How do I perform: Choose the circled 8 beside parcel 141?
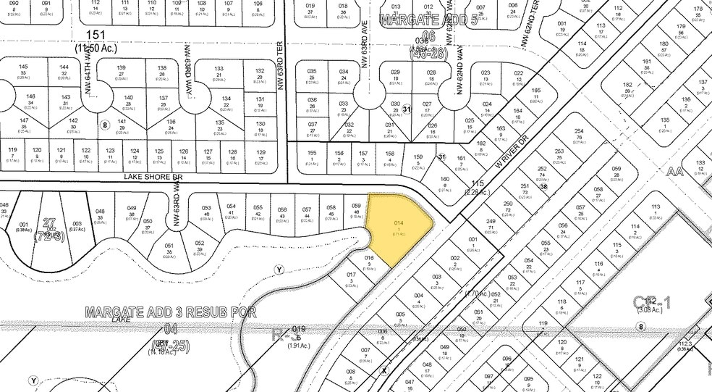[x=105, y=124]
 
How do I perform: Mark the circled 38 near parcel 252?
[x=544, y=186]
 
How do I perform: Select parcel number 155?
[x=312, y=153]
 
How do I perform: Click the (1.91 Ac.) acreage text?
[x=300, y=346]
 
